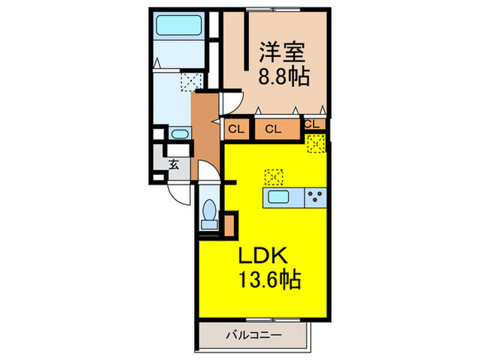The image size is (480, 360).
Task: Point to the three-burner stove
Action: [x=315, y=198]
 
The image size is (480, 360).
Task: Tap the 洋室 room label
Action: [x=280, y=52]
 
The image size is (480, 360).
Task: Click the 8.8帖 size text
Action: [x=282, y=75]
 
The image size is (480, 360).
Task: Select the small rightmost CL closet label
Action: [x=312, y=124]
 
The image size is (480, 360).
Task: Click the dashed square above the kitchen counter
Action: [x=274, y=177]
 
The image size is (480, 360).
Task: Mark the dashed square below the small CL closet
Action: [x=316, y=143]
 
